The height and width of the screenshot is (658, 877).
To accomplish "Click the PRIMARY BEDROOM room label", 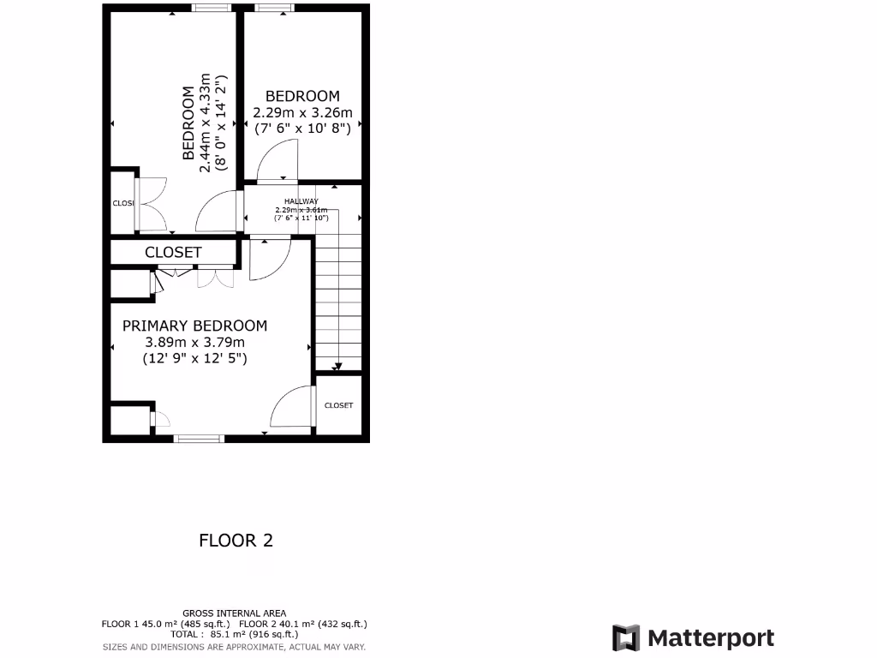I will click(x=194, y=326).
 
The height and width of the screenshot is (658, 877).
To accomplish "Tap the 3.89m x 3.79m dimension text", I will click(x=194, y=343).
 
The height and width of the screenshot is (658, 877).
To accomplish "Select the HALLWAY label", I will click(x=301, y=201).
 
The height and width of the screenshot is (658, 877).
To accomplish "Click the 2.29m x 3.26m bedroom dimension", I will click(x=302, y=112).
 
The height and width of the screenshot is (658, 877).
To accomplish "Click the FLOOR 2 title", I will click(x=236, y=541).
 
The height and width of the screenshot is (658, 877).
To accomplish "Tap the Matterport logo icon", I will click(x=626, y=638).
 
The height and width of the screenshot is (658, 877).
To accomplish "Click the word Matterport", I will click(x=711, y=638).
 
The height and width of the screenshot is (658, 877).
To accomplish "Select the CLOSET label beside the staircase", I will click(x=338, y=405).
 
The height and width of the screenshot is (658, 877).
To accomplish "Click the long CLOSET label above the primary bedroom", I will click(x=173, y=253).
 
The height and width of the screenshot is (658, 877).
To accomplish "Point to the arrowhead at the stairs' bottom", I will click(x=337, y=368).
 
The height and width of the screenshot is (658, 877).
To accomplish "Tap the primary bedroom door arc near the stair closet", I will click(x=291, y=407).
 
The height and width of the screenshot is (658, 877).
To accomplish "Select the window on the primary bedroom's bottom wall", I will click(x=200, y=439).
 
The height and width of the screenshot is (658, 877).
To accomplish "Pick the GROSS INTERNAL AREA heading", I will click(x=234, y=613).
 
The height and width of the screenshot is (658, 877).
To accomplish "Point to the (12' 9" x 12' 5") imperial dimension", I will click(x=194, y=360).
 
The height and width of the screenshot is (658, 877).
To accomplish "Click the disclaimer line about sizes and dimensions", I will click(x=234, y=647).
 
